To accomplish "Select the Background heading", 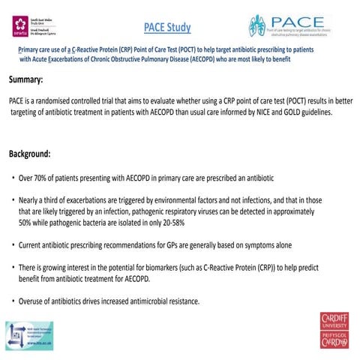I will point(30,154).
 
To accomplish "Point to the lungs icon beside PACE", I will point(257,27).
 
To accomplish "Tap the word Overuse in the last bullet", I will point(35,301).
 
